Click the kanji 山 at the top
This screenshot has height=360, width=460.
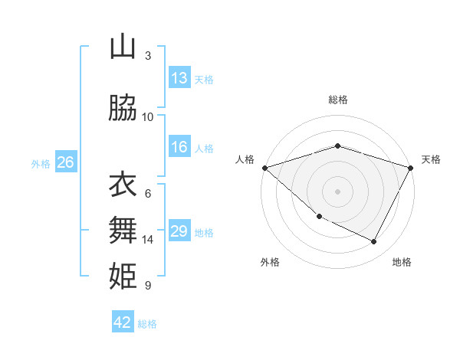(123, 47)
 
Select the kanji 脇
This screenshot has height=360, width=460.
(123, 109)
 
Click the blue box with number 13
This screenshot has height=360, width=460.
(179, 78)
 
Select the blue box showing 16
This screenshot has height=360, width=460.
(179, 147)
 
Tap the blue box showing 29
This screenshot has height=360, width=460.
(179, 231)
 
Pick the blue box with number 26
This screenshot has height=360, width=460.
(66, 162)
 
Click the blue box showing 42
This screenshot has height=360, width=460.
(123, 322)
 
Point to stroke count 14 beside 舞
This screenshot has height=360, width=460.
(148, 240)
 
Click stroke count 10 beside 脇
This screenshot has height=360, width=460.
(148, 116)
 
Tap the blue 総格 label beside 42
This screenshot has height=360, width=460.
(147, 323)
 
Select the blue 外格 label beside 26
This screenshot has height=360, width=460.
(41, 162)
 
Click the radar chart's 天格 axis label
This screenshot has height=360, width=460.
(432, 159)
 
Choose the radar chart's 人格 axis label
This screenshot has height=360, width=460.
(245, 159)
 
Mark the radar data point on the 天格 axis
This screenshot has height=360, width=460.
(411, 168)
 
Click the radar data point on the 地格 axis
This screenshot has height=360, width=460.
(374, 242)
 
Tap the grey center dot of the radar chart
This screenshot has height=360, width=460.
(337, 191)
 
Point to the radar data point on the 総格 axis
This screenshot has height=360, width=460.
(337, 146)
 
